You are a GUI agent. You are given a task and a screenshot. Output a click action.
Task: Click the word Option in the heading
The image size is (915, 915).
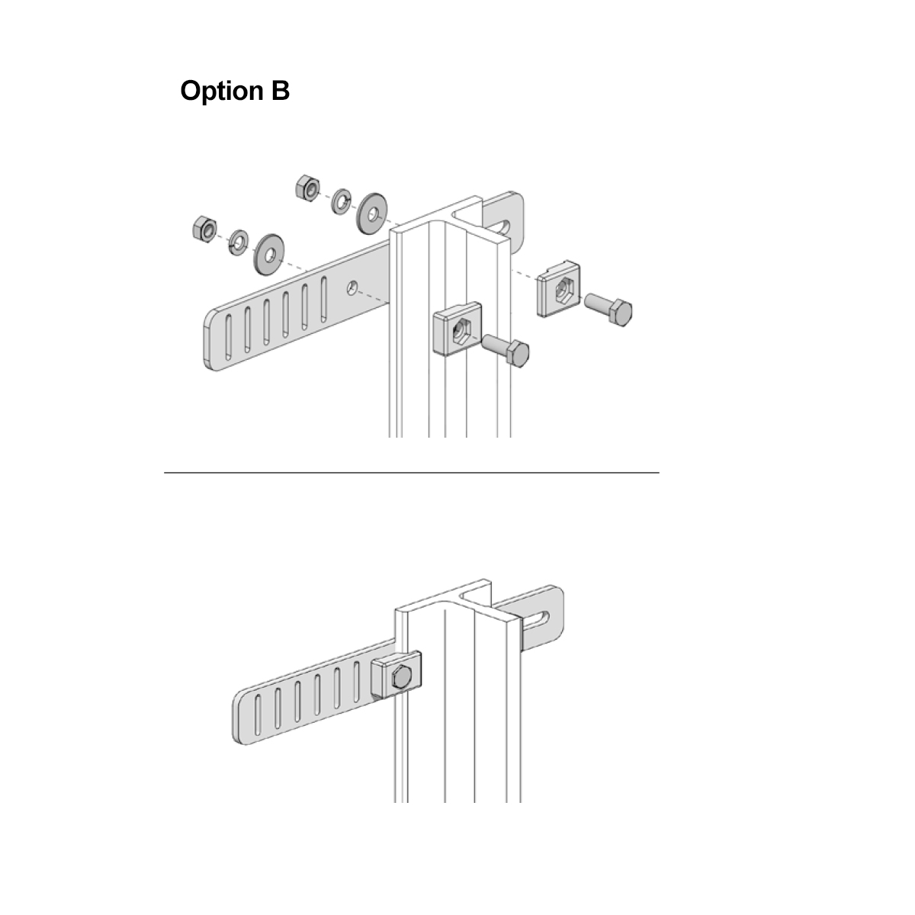pyautogui.click(x=221, y=91)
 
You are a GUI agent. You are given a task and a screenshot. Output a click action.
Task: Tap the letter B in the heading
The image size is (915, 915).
pyautogui.click(x=280, y=90)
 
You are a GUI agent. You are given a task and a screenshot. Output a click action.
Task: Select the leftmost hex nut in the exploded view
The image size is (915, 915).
pyautogui.click(x=204, y=227)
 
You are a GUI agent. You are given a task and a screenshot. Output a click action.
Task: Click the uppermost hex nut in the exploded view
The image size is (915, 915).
pyautogui.click(x=307, y=188)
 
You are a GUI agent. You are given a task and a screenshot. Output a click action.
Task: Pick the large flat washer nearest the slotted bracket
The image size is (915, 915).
pyautogui.click(x=268, y=254)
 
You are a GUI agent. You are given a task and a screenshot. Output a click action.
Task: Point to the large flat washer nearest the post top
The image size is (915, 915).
pyautogui.click(x=372, y=213)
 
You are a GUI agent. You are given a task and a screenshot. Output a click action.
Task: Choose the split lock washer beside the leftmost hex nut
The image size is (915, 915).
pyautogui.click(x=238, y=242)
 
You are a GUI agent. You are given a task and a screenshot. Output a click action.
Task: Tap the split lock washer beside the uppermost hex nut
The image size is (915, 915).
pyautogui.click(x=341, y=201)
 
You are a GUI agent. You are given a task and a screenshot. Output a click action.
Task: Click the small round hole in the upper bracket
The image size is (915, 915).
pyautogui.click(x=352, y=287)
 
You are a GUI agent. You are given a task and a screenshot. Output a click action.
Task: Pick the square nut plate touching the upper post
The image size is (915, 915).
pyautogui.click(x=457, y=328)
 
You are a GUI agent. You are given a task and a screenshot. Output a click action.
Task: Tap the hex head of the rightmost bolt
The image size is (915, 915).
pyautogui.click(x=621, y=313)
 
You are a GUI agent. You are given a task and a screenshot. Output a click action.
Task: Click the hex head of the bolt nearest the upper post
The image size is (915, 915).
pyautogui.click(x=518, y=353)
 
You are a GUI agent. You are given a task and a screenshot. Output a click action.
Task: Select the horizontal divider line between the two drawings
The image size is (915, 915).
pyautogui.click(x=412, y=473)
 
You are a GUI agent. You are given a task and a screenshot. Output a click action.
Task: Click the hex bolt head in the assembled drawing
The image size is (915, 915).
pyautogui.click(x=401, y=678)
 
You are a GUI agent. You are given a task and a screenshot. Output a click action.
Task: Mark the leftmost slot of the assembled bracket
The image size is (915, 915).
pyautogui.click(x=258, y=716)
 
